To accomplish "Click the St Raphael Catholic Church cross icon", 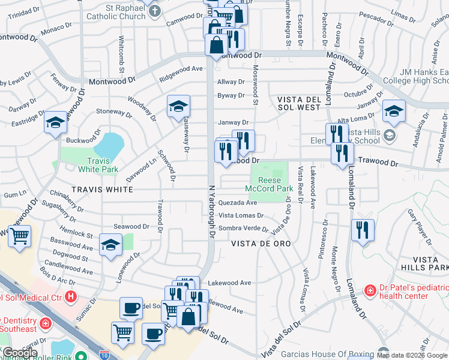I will [155, 10].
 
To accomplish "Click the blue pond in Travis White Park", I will [109, 145].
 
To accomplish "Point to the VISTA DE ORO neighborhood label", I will [261, 244].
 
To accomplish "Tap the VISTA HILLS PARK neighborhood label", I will [430, 263].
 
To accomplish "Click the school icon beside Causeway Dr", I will [179, 107].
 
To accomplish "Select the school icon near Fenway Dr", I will [55, 123].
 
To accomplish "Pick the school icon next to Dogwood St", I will [110, 245].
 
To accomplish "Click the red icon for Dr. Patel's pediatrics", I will [370, 290].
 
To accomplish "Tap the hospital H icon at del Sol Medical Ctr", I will [71, 296].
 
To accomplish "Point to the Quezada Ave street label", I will [238, 203].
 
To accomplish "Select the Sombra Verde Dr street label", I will [243, 228].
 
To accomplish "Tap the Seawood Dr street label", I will [131, 226].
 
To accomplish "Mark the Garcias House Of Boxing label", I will [332, 353].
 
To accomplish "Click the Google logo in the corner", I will [19, 353].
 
